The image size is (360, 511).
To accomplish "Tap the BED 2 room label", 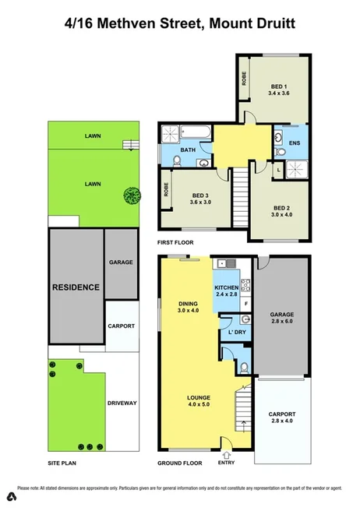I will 281,208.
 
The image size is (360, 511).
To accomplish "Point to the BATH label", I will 187,150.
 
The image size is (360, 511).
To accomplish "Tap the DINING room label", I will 186,305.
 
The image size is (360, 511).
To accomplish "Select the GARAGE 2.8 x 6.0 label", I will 283,314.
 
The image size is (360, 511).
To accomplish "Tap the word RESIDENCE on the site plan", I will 76,287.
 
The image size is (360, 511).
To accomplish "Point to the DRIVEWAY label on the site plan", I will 122,403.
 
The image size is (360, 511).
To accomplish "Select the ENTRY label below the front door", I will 227,463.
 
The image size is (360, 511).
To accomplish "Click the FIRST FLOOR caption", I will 175,244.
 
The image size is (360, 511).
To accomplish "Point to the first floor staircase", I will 242,196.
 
